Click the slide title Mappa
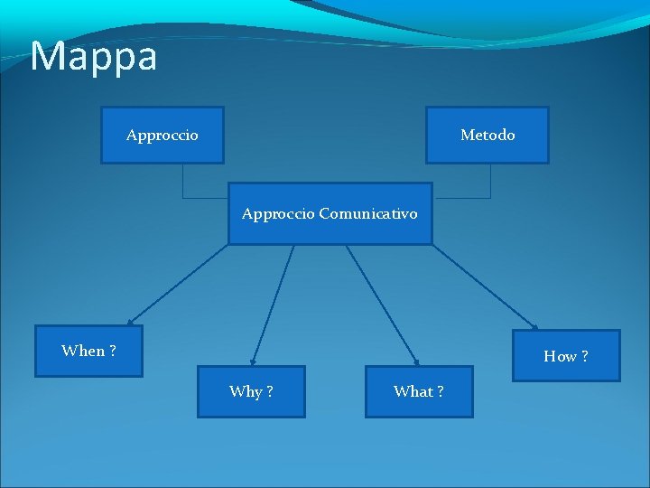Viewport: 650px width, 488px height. pyautogui.click(x=94, y=56)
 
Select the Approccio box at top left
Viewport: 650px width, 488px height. pyautogui.click(x=162, y=135)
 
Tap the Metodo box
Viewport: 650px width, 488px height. pyautogui.click(x=487, y=135)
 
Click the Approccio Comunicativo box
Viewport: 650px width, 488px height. pyautogui.click(x=330, y=214)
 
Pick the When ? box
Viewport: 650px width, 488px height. pyautogui.click(x=88, y=351)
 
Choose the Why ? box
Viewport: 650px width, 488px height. pyautogui.click(x=251, y=391)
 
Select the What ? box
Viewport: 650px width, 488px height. pyautogui.click(x=419, y=391)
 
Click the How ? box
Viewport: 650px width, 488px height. pyautogui.click(x=566, y=356)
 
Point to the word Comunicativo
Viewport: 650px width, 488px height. pyautogui.click(x=368, y=214)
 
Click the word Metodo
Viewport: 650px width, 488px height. pyautogui.click(x=487, y=135)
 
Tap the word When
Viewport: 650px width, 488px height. pyautogui.click(x=83, y=351)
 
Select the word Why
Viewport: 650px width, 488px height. pyautogui.click(x=246, y=391)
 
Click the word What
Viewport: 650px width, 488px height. pyautogui.click(x=413, y=391)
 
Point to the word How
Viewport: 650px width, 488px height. pyautogui.click(x=560, y=356)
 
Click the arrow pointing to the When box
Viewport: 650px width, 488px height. pyautogui.click(x=178, y=285)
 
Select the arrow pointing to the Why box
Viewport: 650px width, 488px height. pyautogui.click(x=273, y=305)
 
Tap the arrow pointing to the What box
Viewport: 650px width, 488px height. pyautogui.click(x=382, y=305)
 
